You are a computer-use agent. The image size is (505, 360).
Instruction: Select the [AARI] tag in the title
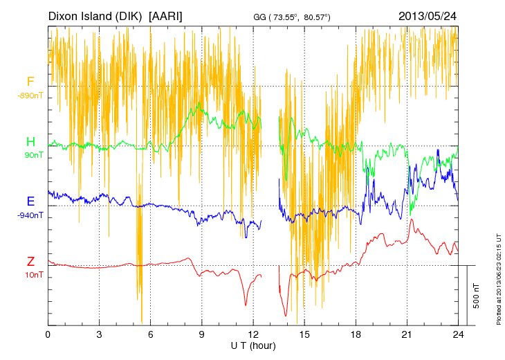[x=166, y=15]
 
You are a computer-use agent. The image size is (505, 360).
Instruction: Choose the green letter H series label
[x=30, y=142]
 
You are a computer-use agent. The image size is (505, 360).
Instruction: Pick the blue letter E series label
[x=30, y=201]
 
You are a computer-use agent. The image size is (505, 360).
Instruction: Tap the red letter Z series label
[x=30, y=262]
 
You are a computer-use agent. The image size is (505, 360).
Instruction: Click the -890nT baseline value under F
[x=31, y=96]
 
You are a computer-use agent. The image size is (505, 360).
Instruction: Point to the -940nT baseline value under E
[x=31, y=215]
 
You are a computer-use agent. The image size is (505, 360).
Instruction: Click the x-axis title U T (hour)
[x=252, y=345]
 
